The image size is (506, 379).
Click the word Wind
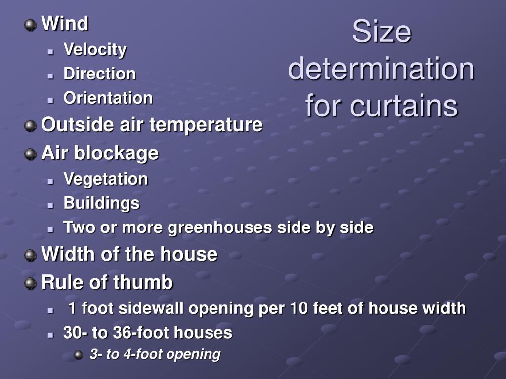(65, 24)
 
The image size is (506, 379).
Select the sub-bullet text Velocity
(95, 50)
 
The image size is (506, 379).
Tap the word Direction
(100, 74)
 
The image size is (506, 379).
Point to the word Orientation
(108, 98)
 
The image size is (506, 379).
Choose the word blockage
(116, 153)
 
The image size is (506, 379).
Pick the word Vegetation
(106, 179)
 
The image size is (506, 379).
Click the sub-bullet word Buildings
(102, 203)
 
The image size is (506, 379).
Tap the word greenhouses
(220, 227)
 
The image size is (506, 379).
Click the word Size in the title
(381, 32)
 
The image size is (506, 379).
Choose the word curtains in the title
(404, 106)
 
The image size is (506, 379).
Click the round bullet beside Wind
(30, 25)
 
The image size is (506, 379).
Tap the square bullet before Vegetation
(50, 181)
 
